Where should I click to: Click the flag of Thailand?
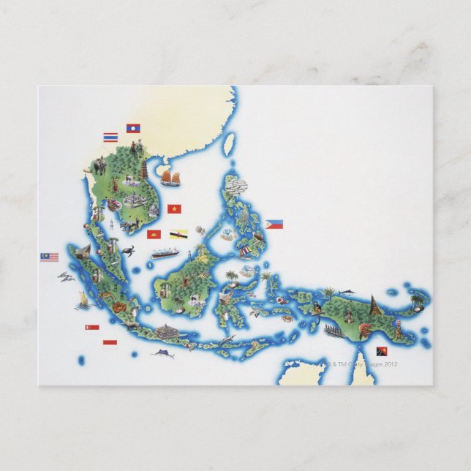(x=110, y=137)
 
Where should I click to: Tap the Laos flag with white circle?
(x=133, y=128)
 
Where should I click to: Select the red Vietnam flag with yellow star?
(x=174, y=208)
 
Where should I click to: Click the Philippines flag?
(x=274, y=225)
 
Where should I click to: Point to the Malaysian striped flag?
(x=49, y=257)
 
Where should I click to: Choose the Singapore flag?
(x=92, y=327)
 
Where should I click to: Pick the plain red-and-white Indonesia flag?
(x=110, y=342)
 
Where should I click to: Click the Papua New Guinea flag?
(x=382, y=351)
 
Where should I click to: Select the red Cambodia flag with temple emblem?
(x=153, y=234)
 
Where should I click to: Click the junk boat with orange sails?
(x=170, y=178)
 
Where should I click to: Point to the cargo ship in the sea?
(x=165, y=254)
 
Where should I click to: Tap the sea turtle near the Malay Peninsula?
(x=129, y=252)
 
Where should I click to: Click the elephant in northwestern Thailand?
(x=98, y=167)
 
